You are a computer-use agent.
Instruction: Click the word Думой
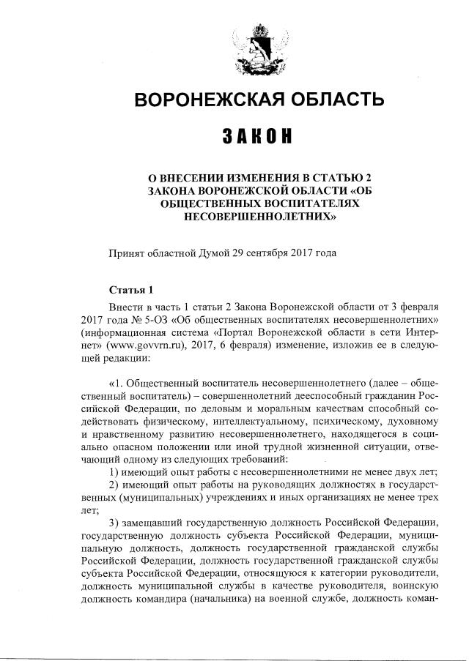click(x=212, y=253)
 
